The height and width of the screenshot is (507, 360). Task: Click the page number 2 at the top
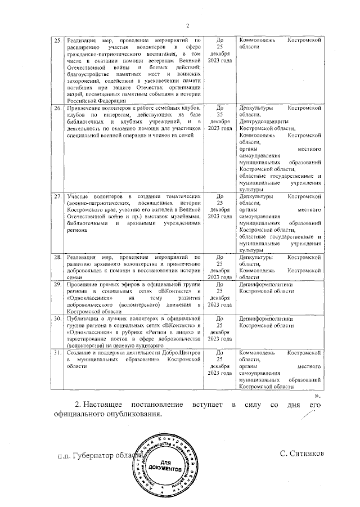(x=188, y=25)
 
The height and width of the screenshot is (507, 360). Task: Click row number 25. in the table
(x=57, y=41)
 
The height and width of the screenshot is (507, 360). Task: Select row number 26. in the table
(x=57, y=107)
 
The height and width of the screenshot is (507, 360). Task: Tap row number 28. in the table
(x=57, y=257)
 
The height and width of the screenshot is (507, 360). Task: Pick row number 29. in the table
(x=57, y=284)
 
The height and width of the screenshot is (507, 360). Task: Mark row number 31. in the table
(x=57, y=352)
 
